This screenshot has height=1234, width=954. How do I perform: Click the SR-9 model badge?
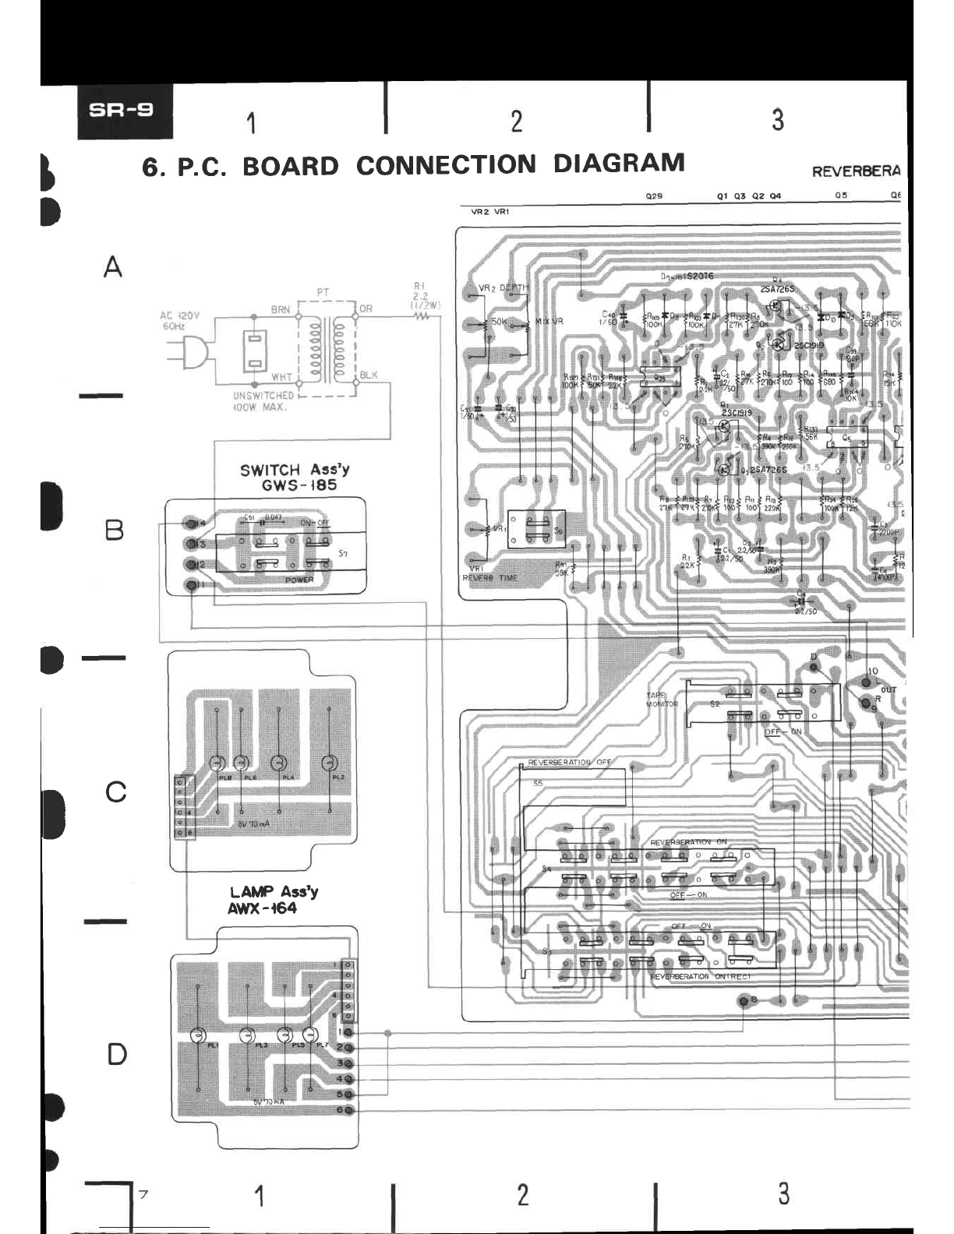(x=125, y=111)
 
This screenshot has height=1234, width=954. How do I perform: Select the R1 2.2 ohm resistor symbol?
(x=422, y=317)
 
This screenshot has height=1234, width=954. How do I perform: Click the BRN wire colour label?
(x=281, y=309)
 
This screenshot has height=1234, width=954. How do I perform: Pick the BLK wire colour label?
(x=368, y=375)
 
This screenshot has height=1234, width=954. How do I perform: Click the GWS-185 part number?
(x=299, y=485)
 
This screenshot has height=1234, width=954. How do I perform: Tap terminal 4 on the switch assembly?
(x=189, y=523)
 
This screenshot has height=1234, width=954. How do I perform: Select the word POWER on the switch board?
(x=299, y=580)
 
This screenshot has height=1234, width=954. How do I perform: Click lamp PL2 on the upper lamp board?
(x=330, y=763)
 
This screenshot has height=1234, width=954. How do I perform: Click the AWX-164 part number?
(x=263, y=908)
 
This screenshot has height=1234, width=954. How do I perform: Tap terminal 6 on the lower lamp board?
(x=348, y=1109)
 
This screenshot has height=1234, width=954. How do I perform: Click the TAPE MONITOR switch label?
(x=662, y=700)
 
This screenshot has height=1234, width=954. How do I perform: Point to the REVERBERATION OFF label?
(x=570, y=762)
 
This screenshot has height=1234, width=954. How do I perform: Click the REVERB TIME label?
(x=489, y=578)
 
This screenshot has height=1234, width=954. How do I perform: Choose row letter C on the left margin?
(x=116, y=792)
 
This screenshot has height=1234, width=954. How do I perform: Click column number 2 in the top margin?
(x=516, y=122)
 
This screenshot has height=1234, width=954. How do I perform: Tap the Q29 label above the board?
(x=654, y=196)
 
